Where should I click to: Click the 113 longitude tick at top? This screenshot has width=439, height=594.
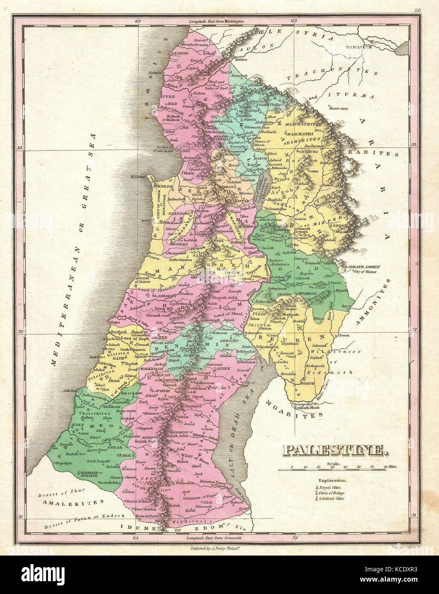[293, 21]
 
